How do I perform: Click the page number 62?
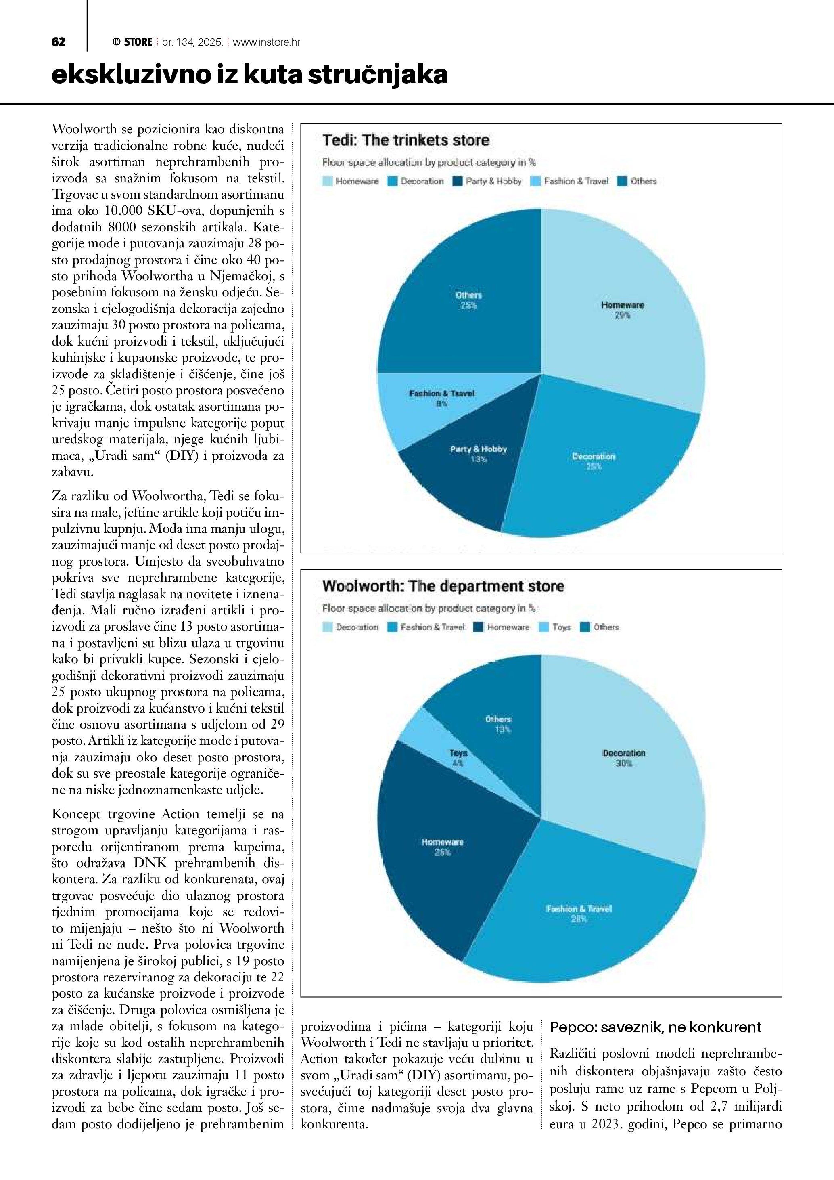pos(59,42)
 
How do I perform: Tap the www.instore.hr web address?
pos(267,42)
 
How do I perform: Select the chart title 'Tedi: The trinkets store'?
pos(406,140)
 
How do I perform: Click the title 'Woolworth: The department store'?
pos(443,587)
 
